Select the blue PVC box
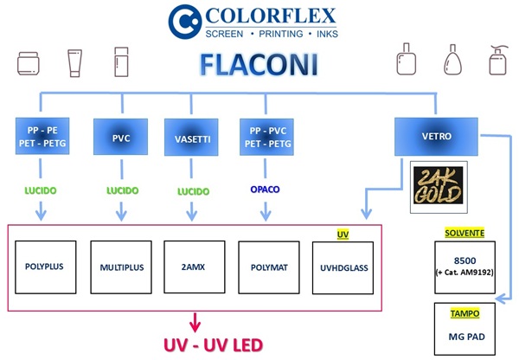[120, 137]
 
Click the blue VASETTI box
[189, 137]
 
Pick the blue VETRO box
[430, 135]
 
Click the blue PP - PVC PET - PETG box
[265, 137]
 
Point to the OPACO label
[265, 188]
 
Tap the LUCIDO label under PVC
[121, 188]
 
